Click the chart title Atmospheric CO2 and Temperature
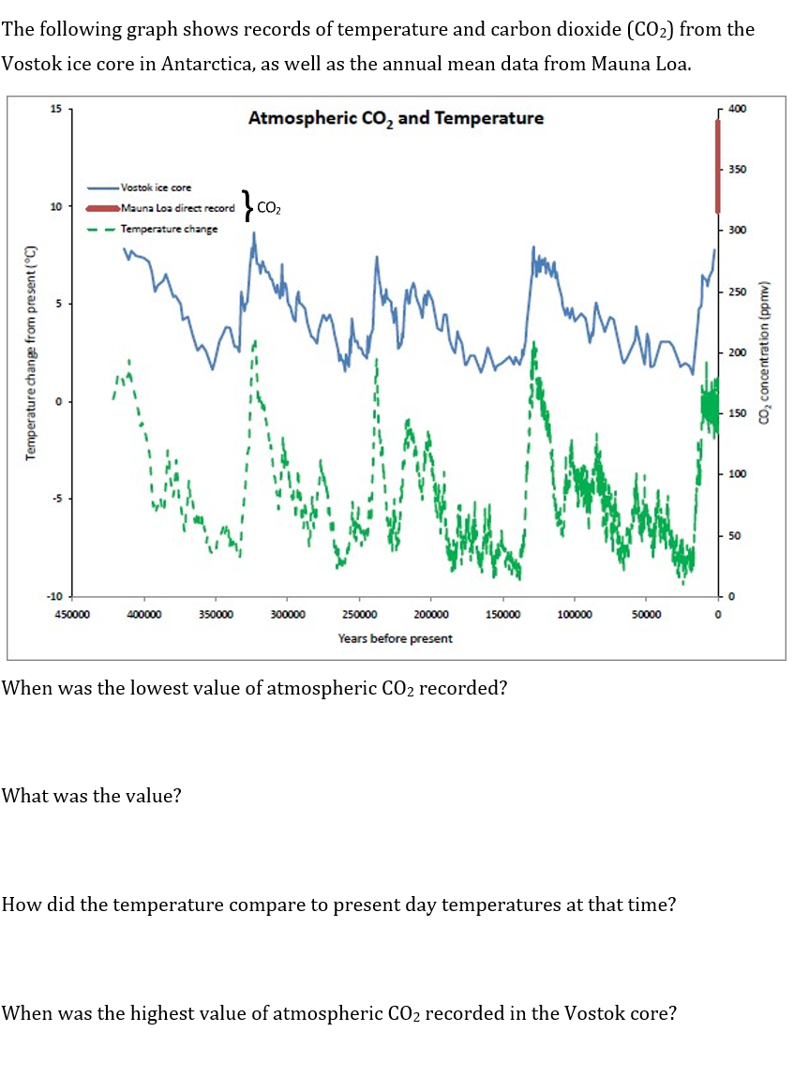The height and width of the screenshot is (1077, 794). [x=395, y=118]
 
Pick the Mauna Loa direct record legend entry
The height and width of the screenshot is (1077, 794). [x=177, y=207]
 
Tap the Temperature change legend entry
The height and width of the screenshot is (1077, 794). [x=169, y=229]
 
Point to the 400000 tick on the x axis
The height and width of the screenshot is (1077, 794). [x=144, y=615]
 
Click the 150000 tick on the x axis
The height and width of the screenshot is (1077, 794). [x=502, y=615]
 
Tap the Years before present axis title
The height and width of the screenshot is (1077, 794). [x=395, y=638]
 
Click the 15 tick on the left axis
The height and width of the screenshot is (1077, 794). [x=55, y=109]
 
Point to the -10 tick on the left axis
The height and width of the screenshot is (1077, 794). [x=53, y=597]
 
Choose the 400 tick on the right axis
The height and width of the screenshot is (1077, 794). [x=737, y=109]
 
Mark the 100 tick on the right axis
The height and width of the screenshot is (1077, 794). [x=737, y=474]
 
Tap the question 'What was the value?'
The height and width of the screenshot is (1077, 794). [x=92, y=796]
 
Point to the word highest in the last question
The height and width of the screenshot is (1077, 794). [x=181, y=1013]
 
